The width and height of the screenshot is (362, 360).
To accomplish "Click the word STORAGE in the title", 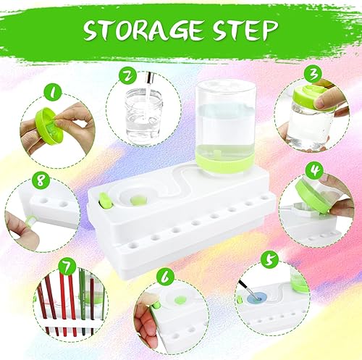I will coord(141,30).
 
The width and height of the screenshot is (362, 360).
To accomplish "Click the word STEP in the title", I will coord(243,30).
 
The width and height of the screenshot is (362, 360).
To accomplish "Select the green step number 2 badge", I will coord(127,75).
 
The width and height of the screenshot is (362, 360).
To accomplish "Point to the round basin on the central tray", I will coord(138,197).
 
